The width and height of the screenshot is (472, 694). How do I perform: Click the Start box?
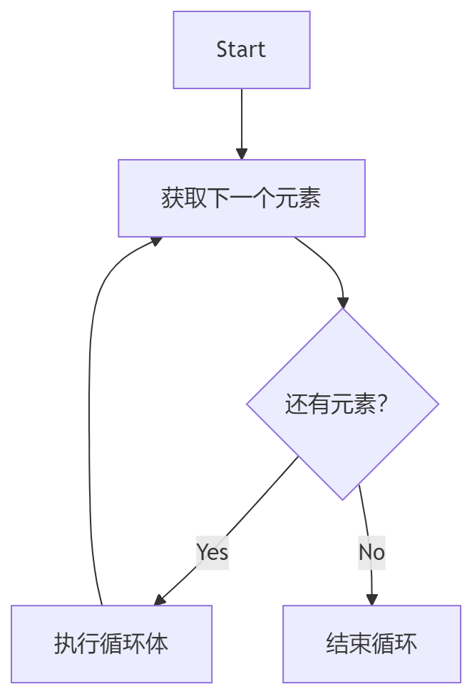(x=242, y=50)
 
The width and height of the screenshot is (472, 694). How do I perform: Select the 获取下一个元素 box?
(x=242, y=198)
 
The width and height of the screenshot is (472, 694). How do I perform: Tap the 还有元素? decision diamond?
(x=342, y=404)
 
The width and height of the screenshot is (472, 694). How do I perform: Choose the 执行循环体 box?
(x=112, y=644)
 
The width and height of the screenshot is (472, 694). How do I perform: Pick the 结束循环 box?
(x=371, y=644)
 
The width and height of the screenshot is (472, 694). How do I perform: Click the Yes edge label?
(x=212, y=551)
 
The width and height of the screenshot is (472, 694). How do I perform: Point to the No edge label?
(x=371, y=551)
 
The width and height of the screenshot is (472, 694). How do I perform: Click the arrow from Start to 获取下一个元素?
(x=242, y=121)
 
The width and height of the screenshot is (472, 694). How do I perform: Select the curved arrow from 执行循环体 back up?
(x=90, y=428)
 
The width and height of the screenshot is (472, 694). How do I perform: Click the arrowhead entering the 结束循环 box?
(x=371, y=600)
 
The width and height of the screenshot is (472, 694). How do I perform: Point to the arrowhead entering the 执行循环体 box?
(x=159, y=600)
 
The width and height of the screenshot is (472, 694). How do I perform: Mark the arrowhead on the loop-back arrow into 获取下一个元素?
(x=155, y=242)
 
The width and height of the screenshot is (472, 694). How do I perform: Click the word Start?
(x=241, y=50)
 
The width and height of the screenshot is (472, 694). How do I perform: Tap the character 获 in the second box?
(x=173, y=198)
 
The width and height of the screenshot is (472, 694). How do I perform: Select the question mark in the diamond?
(x=381, y=404)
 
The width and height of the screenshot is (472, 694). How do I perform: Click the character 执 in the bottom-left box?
(x=66, y=644)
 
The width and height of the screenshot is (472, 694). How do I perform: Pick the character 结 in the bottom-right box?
(x=337, y=644)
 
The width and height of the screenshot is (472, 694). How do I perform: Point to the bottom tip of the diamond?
(x=343, y=499)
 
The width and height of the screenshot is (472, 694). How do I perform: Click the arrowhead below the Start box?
(x=242, y=153)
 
